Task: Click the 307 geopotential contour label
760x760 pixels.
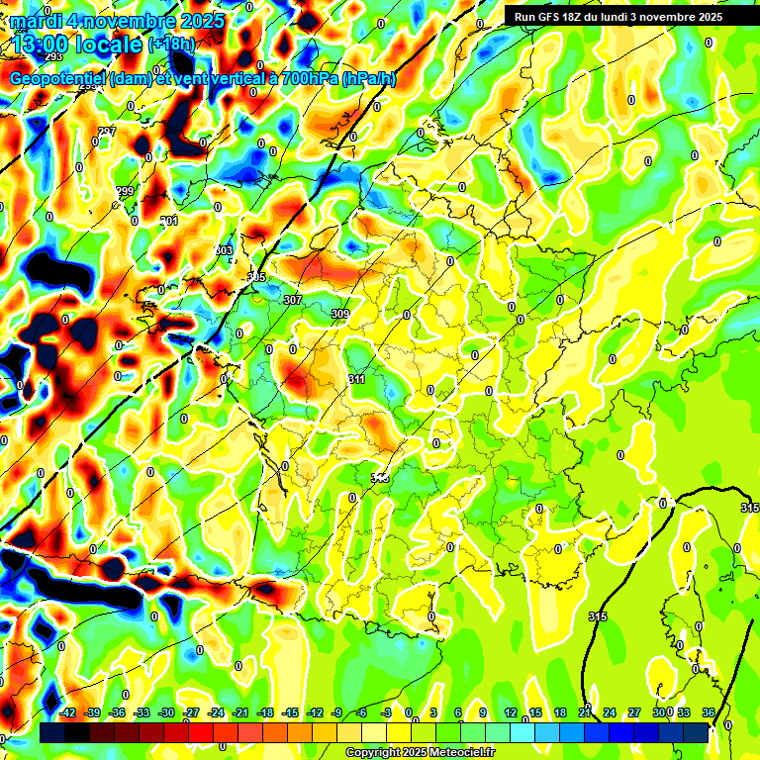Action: pyautogui.click(x=292, y=300)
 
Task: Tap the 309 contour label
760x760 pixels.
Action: pyautogui.click(x=340, y=314)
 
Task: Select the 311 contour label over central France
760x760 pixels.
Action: pyautogui.click(x=357, y=379)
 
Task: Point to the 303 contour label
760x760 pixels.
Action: pyautogui.click(x=225, y=251)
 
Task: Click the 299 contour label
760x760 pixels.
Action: pyautogui.click(x=125, y=191)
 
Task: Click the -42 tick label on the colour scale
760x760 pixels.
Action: pyautogui.click(x=68, y=712)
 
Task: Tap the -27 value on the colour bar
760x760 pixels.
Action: pyautogui.click(x=192, y=712)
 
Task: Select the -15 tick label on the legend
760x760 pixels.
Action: pyautogui.click(x=290, y=712)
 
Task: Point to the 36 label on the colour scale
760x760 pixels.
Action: pyautogui.click(x=708, y=712)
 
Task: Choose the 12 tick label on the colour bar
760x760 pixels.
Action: pyautogui.click(x=511, y=712)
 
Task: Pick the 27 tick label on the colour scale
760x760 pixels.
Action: pyautogui.click(x=634, y=712)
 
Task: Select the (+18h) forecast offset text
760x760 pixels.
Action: pyautogui.click(x=171, y=45)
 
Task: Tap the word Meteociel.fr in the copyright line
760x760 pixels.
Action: pyautogui.click(x=454, y=753)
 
